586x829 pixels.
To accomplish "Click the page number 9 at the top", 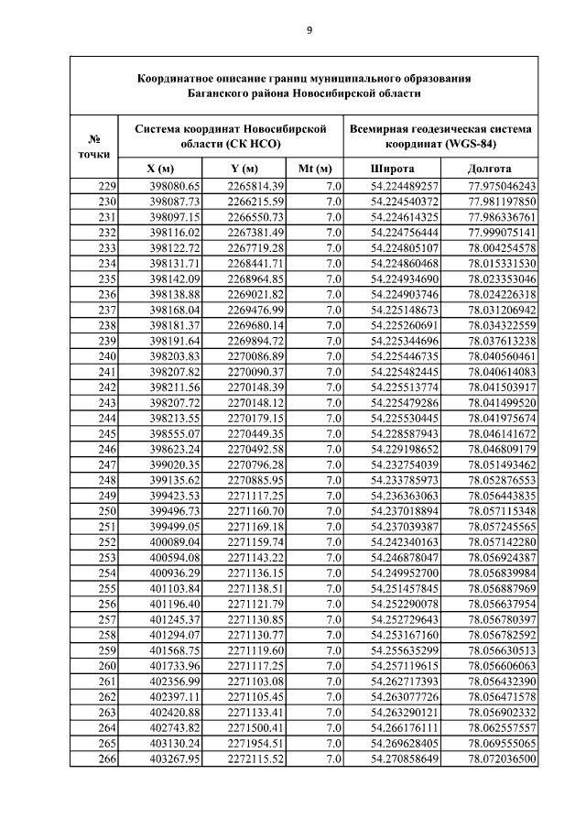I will coord(309,31).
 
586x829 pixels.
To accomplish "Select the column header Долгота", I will coord(489,169).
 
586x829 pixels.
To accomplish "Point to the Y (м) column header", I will coord(244,169).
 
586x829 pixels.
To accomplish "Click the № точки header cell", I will coord(93,146).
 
